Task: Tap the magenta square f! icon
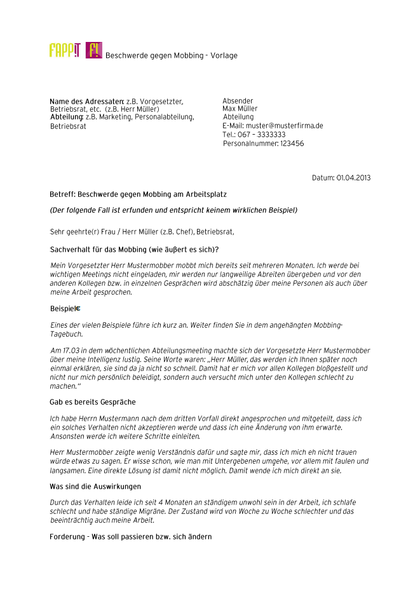pyautogui.click(x=93, y=50)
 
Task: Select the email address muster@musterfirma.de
pyautogui.click(x=284, y=126)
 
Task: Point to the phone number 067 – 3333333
pyautogui.click(x=261, y=135)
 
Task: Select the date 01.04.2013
pyautogui.click(x=353, y=177)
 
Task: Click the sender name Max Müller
pyautogui.click(x=240, y=109)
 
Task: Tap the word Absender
pyautogui.click(x=238, y=101)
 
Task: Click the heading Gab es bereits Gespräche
pyautogui.click(x=93, y=402)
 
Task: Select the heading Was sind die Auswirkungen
pyautogui.click(x=95, y=487)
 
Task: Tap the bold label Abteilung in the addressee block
pyautogui.click(x=66, y=117)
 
